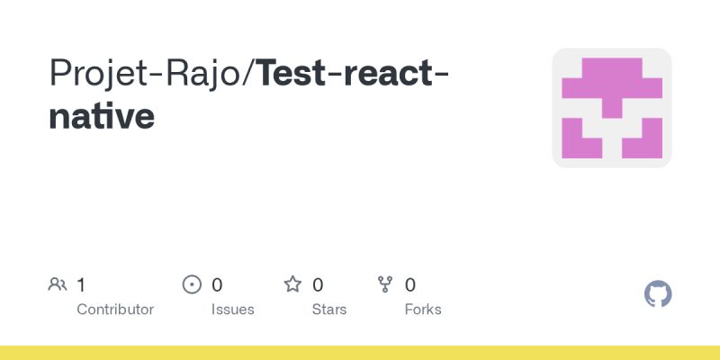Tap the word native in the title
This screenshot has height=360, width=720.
click(101, 117)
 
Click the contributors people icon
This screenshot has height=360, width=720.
click(58, 285)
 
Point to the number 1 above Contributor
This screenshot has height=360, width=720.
click(81, 285)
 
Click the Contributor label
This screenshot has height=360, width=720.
click(115, 310)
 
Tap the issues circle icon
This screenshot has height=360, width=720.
click(192, 285)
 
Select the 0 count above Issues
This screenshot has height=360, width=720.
click(217, 285)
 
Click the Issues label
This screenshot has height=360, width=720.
click(233, 310)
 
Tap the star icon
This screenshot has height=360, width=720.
click(292, 285)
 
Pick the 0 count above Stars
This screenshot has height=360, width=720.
click(318, 285)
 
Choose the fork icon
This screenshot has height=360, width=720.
click(386, 285)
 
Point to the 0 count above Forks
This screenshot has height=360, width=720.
click(410, 285)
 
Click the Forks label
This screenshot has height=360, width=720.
click(423, 310)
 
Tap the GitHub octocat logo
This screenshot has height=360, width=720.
click(659, 294)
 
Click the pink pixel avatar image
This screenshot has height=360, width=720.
click(612, 108)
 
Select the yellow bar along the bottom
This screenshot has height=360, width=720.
click(360, 353)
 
